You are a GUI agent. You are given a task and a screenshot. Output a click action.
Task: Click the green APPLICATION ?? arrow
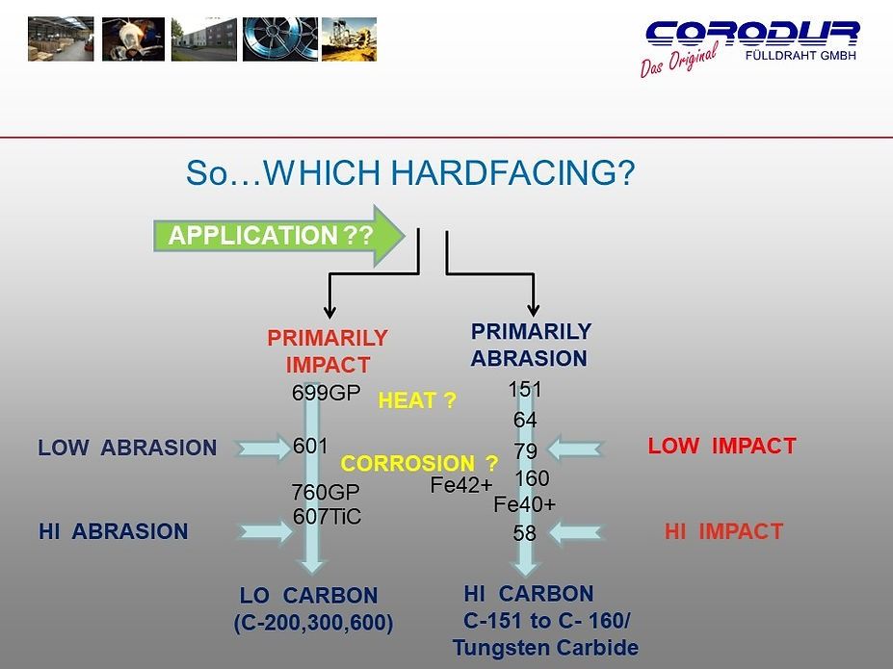point(275,236)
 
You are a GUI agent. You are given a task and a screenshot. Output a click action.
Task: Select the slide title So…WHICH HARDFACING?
point(409,173)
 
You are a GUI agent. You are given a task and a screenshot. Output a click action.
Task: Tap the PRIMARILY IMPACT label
point(328,351)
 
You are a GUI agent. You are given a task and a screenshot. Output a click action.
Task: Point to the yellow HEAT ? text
point(417,399)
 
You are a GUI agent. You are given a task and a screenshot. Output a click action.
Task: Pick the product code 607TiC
point(327,517)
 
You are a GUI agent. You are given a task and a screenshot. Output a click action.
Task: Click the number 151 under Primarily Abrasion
point(525,390)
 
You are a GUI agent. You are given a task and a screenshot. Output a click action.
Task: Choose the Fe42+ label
point(460,486)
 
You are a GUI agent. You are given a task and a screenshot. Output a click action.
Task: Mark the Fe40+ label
point(524,503)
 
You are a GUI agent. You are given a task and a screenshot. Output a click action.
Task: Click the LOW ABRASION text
point(127,448)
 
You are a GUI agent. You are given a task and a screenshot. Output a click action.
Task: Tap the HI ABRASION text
point(113,531)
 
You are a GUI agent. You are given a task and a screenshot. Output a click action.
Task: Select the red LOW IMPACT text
point(722,446)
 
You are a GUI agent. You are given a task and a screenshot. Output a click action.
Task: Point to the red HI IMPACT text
point(723,531)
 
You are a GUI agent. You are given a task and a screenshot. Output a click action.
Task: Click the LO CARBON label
point(308,595)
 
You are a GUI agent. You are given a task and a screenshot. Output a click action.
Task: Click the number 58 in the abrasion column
point(524,532)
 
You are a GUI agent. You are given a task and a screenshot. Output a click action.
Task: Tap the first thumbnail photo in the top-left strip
point(62,39)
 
